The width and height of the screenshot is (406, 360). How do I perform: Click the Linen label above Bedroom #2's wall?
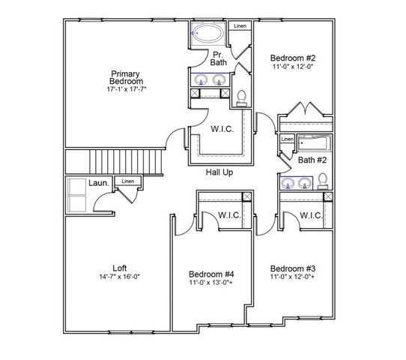point(240,27)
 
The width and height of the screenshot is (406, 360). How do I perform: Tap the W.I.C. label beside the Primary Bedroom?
point(222,130)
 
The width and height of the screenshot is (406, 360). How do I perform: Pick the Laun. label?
point(100,182)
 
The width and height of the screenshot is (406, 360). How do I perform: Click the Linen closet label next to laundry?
point(128,181)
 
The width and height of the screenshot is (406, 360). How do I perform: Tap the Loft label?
point(120,268)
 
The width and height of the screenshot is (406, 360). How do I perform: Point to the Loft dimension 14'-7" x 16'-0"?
point(120,277)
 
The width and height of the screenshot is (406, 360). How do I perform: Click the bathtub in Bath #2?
point(315,142)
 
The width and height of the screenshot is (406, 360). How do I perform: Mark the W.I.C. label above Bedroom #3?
point(310,216)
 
